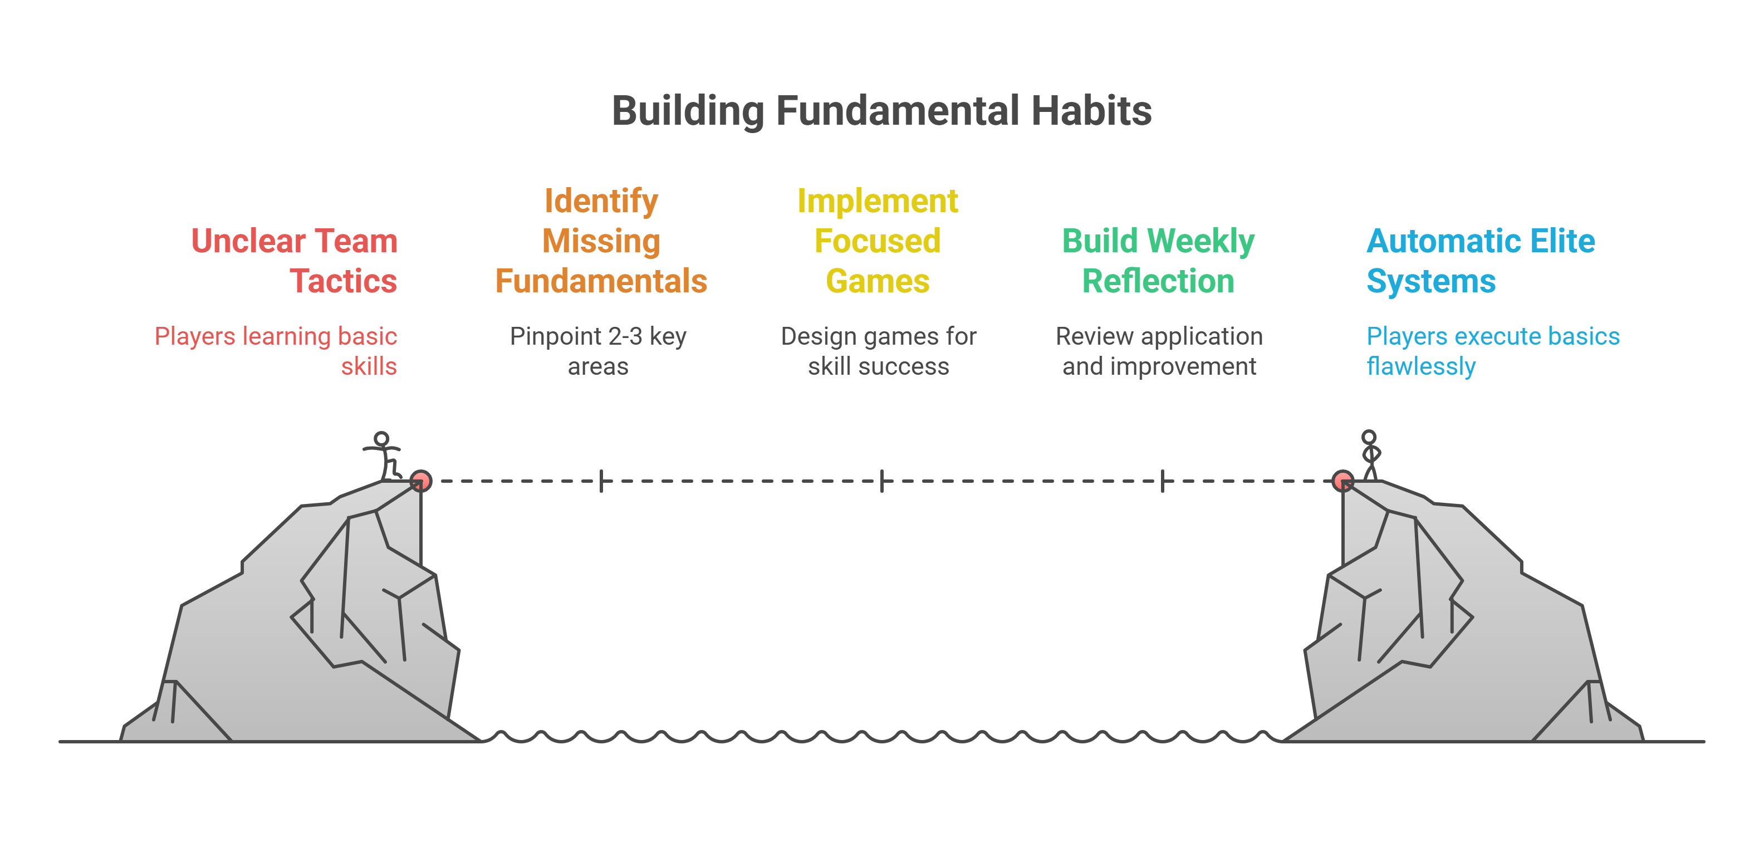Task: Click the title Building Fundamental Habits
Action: pos(881,111)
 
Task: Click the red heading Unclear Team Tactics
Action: pos(295,261)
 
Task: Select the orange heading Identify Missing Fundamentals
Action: pos(601,241)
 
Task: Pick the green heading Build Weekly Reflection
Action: pos(1158,261)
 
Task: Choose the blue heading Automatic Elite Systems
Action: pos(1481,261)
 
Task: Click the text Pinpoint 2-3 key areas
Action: pos(598,351)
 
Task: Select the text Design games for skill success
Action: pos(878,351)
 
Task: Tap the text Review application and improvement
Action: pos(1159,351)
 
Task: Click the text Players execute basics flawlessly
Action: pos(1493,351)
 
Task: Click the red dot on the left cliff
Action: pos(420,481)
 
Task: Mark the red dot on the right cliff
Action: pos(1343,481)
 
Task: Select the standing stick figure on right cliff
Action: pos(1370,454)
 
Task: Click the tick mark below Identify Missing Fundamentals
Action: pos(601,481)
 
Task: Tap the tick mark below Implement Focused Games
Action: pos(882,481)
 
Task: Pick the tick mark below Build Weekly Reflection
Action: pos(1163,481)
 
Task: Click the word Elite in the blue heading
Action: pos(1562,241)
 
